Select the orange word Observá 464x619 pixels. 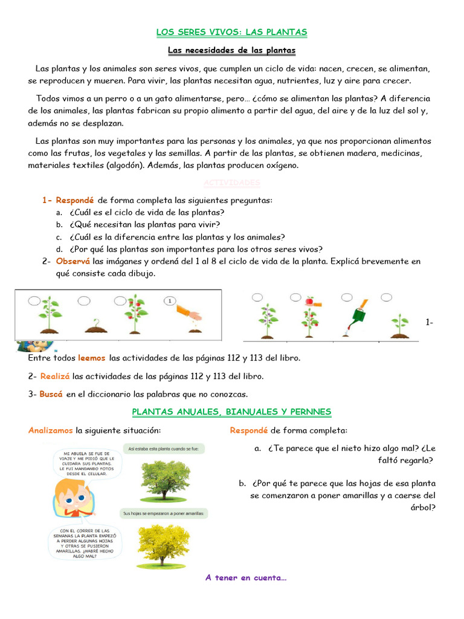click(x=72, y=261)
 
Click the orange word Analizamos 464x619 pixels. click(x=51, y=430)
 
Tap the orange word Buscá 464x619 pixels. click(x=51, y=394)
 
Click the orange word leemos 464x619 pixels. click(x=91, y=358)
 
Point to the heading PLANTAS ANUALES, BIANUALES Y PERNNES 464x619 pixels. click(x=231, y=412)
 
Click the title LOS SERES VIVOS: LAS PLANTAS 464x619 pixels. click(x=231, y=32)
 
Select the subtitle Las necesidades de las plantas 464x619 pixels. click(x=231, y=50)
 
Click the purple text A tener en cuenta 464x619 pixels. click(x=246, y=578)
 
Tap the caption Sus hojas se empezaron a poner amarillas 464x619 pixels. click(x=165, y=513)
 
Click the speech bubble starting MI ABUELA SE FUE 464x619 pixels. click(x=89, y=462)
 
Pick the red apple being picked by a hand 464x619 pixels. click(x=309, y=300)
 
